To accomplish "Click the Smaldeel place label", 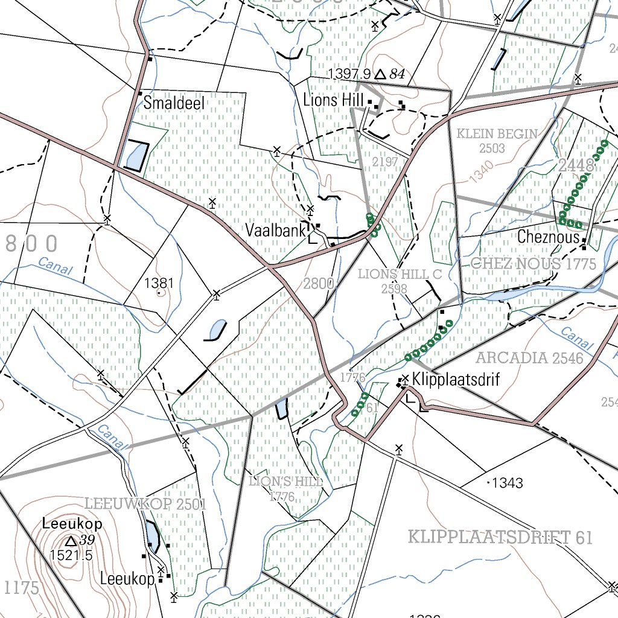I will [x=174, y=103].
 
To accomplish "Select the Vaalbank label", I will [x=274, y=231].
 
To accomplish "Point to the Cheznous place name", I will [x=548, y=237].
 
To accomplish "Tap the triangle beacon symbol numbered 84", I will [x=380, y=74].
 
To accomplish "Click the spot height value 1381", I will [x=159, y=282].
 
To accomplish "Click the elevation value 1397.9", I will [x=348, y=74].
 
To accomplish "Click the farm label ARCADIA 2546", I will [x=529, y=358].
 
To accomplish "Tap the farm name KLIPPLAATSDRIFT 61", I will [x=500, y=537].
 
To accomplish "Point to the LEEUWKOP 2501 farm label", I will [x=145, y=504].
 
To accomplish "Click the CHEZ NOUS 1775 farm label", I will [x=533, y=264].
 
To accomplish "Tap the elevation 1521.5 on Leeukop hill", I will [x=71, y=555].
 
